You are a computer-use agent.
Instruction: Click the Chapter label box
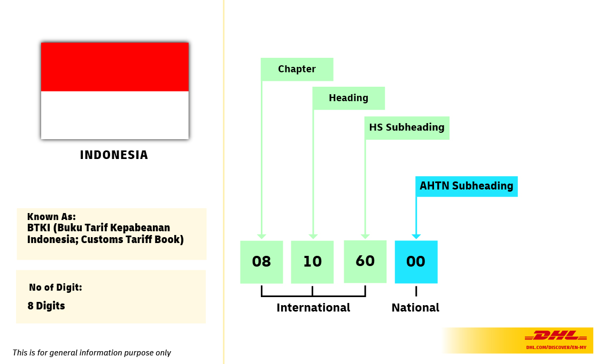[x=297, y=69]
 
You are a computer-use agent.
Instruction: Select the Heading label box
[x=349, y=98]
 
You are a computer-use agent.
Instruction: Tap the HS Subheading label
[x=407, y=127]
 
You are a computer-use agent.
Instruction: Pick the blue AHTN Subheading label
[x=466, y=186]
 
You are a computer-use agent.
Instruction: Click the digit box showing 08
[x=261, y=262]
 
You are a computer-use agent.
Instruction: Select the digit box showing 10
[x=312, y=262]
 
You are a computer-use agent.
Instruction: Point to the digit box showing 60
[x=365, y=261]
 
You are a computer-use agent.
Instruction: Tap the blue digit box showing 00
[x=416, y=262]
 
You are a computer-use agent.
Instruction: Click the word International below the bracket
[x=313, y=308]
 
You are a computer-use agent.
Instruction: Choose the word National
[x=415, y=308]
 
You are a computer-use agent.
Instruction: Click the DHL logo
[x=556, y=336]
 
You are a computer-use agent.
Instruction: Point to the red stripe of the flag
[x=115, y=67]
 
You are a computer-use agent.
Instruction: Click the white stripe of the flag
[x=115, y=115]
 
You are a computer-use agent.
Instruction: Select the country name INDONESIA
[x=114, y=155]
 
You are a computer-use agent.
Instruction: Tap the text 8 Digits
[x=47, y=306]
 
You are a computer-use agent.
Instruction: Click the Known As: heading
[x=51, y=217]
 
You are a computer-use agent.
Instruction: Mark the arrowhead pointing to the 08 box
[x=261, y=236]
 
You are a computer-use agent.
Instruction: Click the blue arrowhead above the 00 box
[x=416, y=236]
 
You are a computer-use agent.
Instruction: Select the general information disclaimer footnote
[x=92, y=353]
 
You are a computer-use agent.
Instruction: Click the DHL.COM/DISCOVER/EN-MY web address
[x=556, y=347]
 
